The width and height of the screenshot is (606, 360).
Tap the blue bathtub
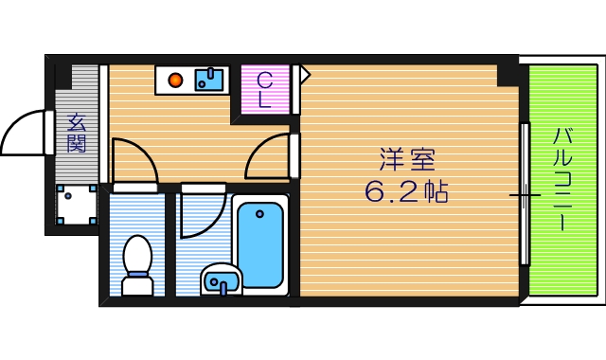tap(258, 245)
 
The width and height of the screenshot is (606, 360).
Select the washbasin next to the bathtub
tap(221, 279)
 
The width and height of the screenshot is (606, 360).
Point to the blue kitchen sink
tap(209, 80)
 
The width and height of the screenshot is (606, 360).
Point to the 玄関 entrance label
tap(77, 133)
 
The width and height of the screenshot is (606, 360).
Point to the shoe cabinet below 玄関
tap(77, 204)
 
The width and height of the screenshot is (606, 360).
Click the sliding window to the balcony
tap(524, 194)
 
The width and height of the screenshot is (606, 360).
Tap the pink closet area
tap(265, 90)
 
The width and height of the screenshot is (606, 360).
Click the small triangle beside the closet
tap(305, 74)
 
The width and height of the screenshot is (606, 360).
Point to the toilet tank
tap(139, 283)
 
